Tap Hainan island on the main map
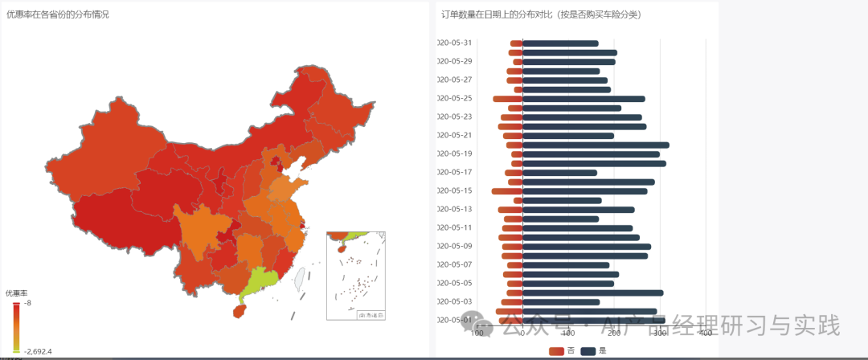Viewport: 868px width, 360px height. pyautogui.click(x=238, y=309)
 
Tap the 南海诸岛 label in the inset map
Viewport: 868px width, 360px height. pyautogui.click(x=371, y=315)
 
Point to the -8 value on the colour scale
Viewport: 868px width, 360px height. pyautogui.click(x=27, y=303)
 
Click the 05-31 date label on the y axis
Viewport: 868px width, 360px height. pyautogui.click(x=455, y=43)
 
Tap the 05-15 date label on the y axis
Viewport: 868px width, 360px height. pyautogui.click(x=455, y=191)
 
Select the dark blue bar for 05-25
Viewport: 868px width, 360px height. pyautogui.click(x=583, y=99)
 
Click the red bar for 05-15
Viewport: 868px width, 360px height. pyautogui.click(x=507, y=191)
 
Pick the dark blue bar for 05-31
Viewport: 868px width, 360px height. pyautogui.click(x=560, y=43)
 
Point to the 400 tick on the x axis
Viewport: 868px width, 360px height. pyautogui.click(x=706, y=333)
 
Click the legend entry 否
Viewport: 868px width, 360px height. pyautogui.click(x=562, y=351)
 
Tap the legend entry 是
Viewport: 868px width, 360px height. pyautogui.click(x=594, y=351)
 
